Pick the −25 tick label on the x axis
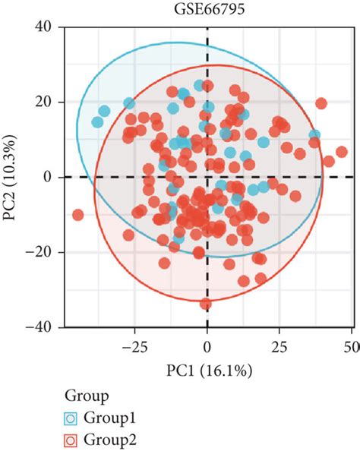tap(134, 347)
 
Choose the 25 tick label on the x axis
tap(279, 347)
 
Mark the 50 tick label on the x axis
tap(349, 347)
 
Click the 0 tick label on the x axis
tap(207, 347)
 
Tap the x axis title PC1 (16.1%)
tap(207, 371)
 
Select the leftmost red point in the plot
tap(77, 215)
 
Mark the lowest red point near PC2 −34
tap(206, 304)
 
